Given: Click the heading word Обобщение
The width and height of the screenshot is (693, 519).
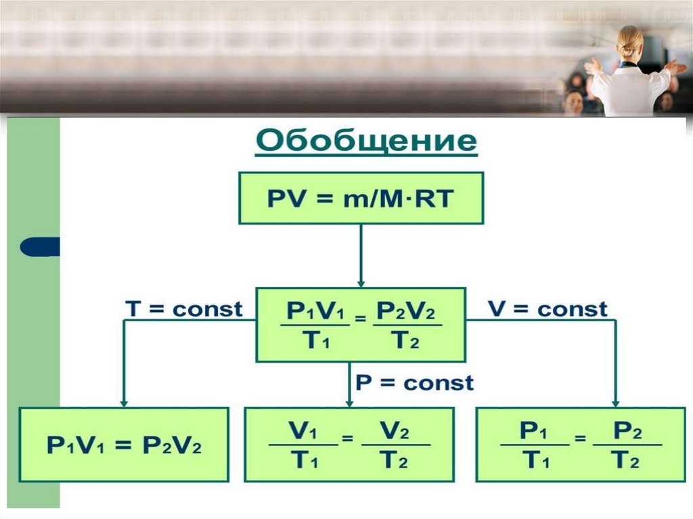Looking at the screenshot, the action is (x=366, y=143).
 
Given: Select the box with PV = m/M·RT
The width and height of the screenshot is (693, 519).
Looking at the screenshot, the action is (x=361, y=198).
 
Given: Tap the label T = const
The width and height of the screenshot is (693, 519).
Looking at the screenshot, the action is (x=183, y=310).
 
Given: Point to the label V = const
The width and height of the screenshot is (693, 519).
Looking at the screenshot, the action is (x=548, y=310).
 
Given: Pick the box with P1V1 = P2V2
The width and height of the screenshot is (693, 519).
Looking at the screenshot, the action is (x=123, y=444).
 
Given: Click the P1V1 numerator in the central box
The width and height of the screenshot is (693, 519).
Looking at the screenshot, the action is (x=316, y=311).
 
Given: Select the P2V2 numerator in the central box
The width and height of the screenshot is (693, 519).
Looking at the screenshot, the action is (x=406, y=311).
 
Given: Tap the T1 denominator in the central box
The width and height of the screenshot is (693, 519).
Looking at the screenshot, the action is (x=316, y=341).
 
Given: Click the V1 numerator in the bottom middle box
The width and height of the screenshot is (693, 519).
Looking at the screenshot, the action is (x=303, y=431).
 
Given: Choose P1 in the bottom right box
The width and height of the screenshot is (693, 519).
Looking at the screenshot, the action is (x=534, y=431).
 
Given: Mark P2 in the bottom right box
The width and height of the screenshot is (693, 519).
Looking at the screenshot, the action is (x=627, y=431).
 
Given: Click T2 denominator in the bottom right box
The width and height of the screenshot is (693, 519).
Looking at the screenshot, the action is (x=627, y=461).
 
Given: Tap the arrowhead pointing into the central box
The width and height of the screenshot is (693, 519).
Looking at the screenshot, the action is (x=361, y=282).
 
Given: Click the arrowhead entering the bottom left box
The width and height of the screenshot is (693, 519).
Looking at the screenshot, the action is (x=123, y=403).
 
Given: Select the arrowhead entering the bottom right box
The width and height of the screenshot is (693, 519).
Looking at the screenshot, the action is (x=617, y=403).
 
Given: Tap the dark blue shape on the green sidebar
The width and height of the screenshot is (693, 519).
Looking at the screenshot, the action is (x=39, y=247).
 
